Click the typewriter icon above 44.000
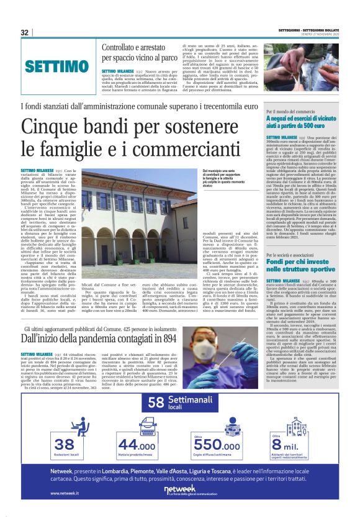[x=138, y=425]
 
